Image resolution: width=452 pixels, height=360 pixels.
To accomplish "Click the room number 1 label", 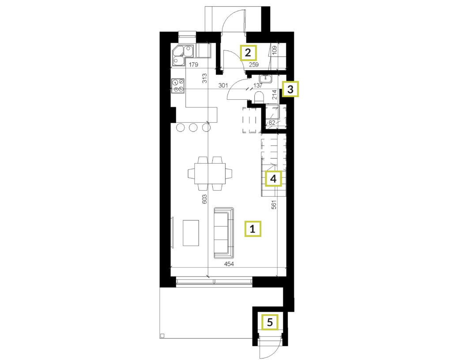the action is click(x=253, y=229).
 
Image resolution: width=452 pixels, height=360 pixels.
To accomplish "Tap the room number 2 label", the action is click(x=248, y=52).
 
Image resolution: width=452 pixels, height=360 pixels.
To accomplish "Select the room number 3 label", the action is click(x=290, y=89).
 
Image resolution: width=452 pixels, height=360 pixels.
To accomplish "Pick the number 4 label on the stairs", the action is click(x=273, y=179).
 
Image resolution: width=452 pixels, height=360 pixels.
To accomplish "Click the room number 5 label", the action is click(x=270, y=322).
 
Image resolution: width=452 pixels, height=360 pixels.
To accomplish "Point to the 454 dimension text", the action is click(x=229, y=264).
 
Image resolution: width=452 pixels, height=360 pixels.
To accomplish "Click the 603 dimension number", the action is click(x=204, y=199).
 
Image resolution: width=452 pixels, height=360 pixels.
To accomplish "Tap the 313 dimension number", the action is click(x=204, y=79).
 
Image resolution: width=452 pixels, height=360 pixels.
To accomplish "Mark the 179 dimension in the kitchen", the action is click(x=193, y=65).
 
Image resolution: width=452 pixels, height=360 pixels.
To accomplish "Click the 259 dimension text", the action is click(x=254, y=65).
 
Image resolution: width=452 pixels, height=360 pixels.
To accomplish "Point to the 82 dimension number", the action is click(x=272, y=122).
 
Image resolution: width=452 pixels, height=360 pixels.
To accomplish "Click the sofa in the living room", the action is click(x=224, y=232).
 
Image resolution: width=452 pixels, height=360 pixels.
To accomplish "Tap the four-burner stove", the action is click(x=178, y=86).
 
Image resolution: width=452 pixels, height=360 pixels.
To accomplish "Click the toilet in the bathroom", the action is click(x=259, y=97).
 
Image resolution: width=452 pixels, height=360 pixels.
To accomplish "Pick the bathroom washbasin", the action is click(x=265, y=79).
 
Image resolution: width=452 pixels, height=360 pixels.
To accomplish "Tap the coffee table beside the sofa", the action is click(x=191, y=232).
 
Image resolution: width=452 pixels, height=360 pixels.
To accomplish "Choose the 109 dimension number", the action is click(x=274, y=50).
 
